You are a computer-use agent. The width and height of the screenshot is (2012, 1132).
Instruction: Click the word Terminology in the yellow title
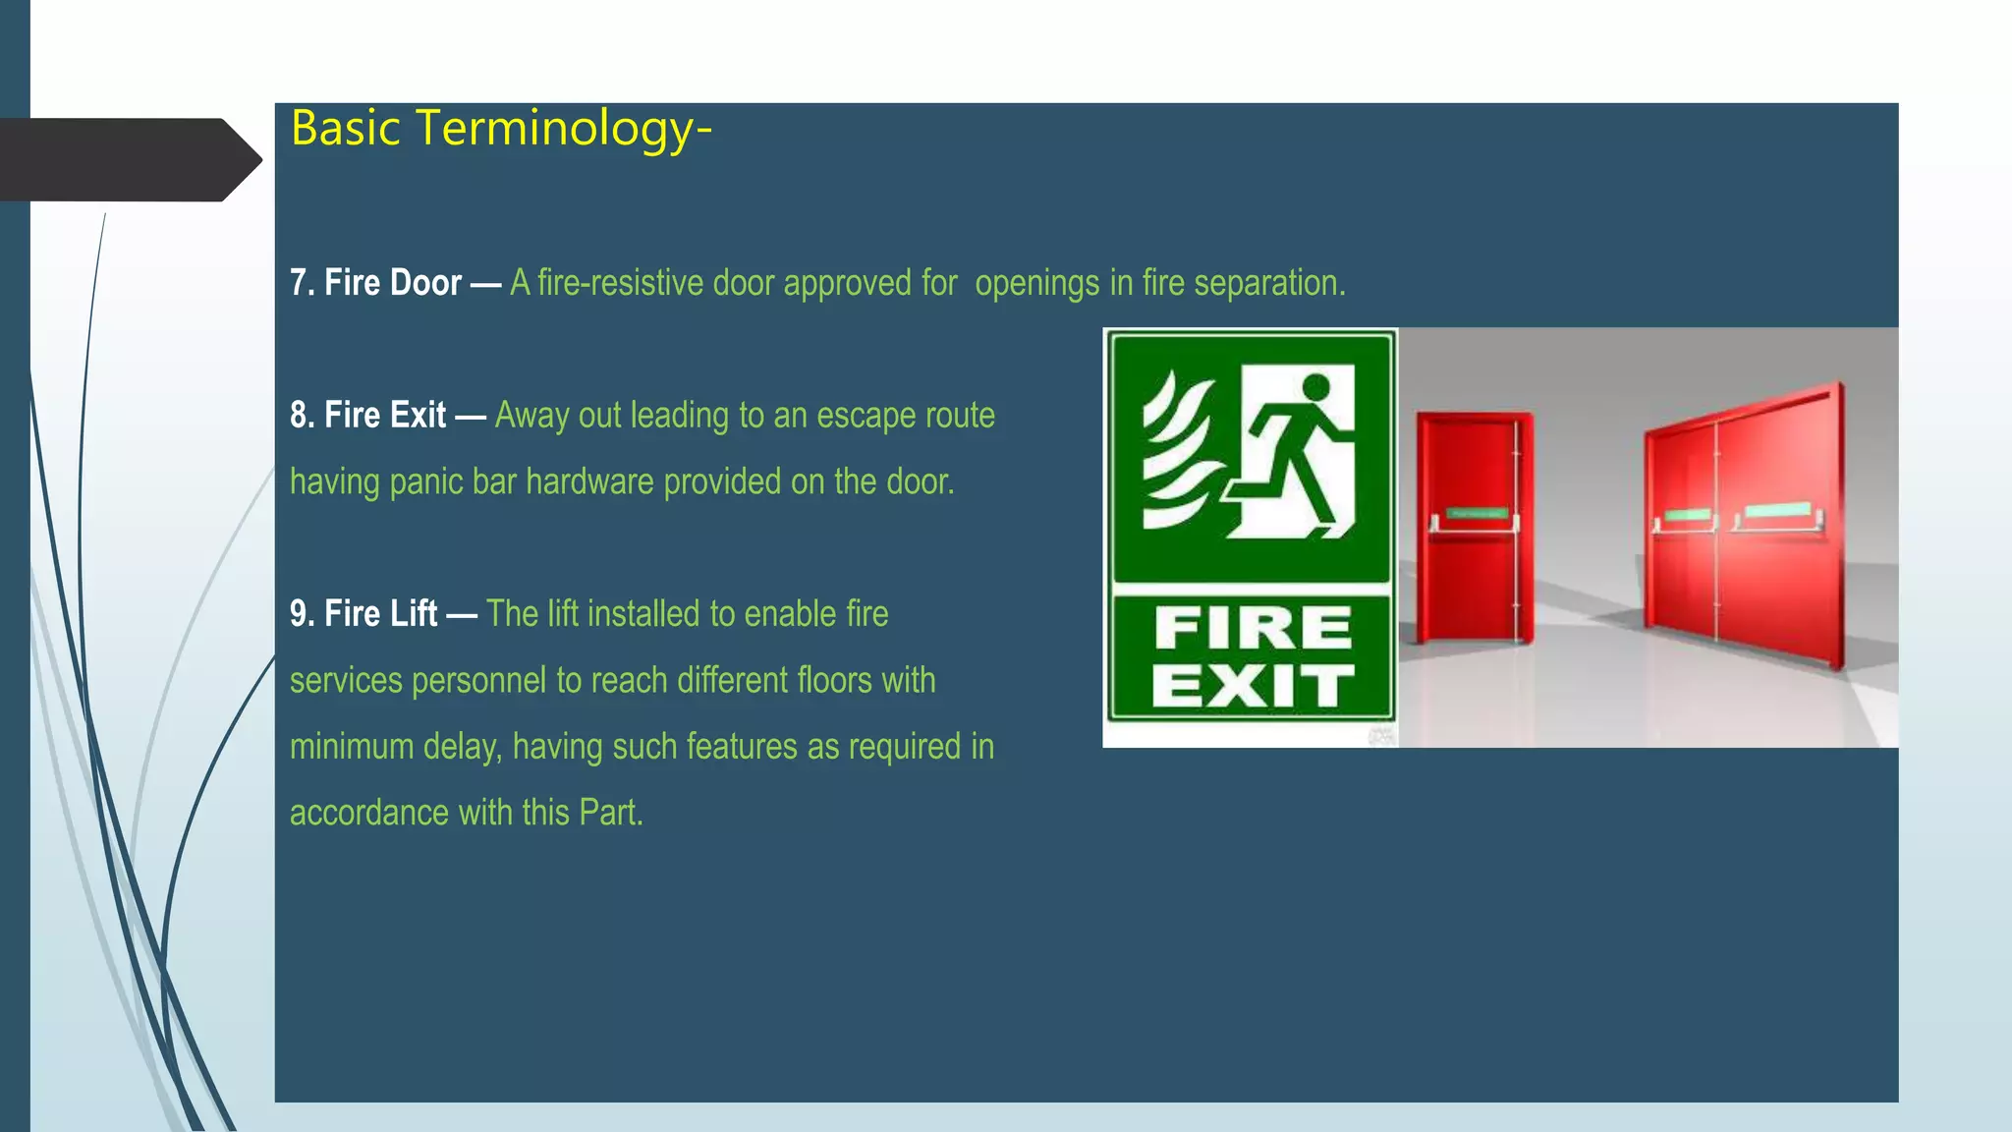555,130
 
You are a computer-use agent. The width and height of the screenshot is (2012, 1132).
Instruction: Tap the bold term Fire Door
393,283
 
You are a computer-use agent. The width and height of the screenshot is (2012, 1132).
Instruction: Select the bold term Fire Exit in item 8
385,416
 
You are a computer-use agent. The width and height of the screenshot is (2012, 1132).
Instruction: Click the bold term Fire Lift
380,614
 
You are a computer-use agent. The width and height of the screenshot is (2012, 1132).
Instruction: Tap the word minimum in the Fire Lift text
351,747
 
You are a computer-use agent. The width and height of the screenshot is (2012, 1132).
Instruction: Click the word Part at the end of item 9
608,814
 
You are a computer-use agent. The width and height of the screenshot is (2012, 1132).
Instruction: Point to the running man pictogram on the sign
1295,452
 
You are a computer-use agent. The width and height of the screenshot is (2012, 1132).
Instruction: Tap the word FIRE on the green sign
1253,628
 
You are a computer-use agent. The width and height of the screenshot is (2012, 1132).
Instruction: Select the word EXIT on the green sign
1253,686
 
